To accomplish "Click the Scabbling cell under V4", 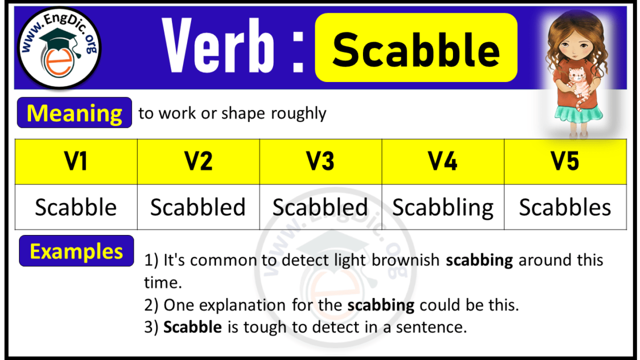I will tap(443, 208).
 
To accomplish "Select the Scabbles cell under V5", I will tap(565, 208).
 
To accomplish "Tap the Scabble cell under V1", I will tap(76, 208).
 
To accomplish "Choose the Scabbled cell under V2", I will tap(198, 208).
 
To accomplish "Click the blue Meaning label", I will tap(75, 114).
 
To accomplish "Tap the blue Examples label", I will tap(76, 251).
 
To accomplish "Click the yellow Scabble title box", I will tap(416, 49).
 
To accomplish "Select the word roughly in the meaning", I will tap(298, 114).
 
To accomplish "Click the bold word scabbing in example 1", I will tap(479, 260).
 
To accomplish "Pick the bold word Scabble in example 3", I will tap(193, 327).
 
